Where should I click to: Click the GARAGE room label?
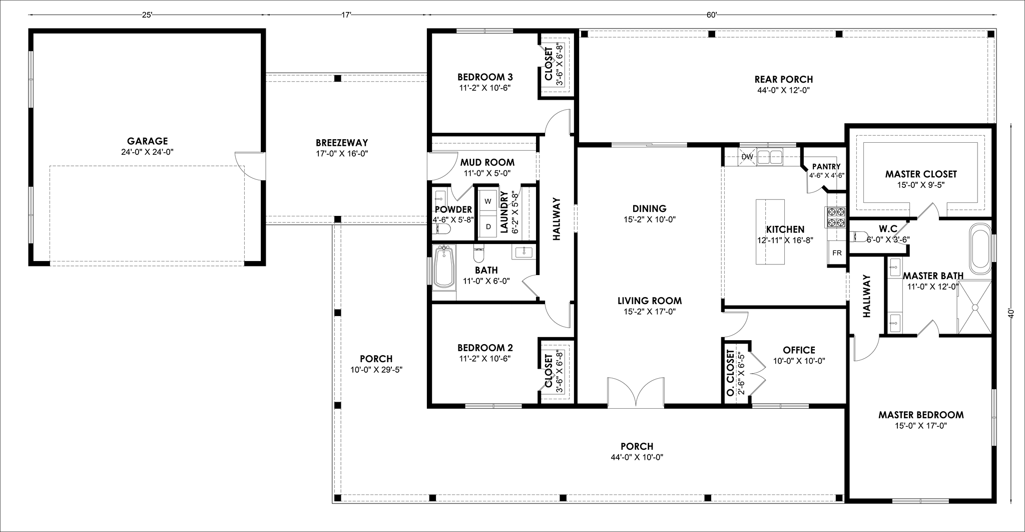point(147,141)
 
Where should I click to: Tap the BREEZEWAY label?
point(342,143)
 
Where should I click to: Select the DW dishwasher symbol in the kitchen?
point(747,157)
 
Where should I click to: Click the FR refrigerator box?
point(837,252)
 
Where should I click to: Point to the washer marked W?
point(488,201)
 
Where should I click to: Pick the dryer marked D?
point(488,226)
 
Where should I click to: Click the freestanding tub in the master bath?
point(980,249)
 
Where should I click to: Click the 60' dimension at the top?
point(712,15)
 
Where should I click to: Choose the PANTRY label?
point(826,167)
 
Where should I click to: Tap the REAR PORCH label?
point(783,79)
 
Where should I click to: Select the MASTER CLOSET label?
point(921,174)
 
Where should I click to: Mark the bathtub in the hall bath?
point(444,268)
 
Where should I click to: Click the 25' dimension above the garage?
point(147,15)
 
